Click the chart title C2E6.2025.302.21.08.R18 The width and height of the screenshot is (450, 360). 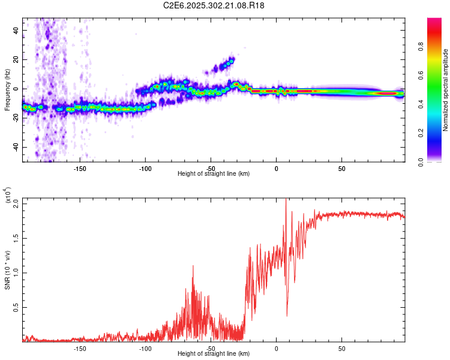(214, 6)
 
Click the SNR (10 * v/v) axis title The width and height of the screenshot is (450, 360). (7, 270)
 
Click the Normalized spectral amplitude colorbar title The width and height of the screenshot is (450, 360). (445, 90)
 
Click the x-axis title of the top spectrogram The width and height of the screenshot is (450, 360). (214, 173)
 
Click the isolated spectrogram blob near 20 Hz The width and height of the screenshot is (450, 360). (227, 62)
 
